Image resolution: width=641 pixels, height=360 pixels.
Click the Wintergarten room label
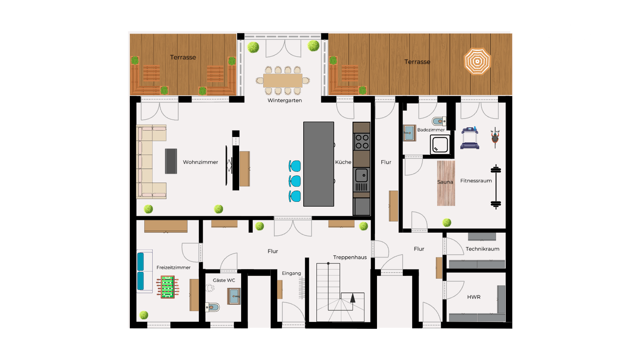pyautogui.click(x=284, y=101)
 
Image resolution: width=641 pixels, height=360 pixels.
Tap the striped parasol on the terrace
pyautogui.click(x=477, y=61)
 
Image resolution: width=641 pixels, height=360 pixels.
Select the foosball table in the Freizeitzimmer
pyautogui.click(x=168, y=287)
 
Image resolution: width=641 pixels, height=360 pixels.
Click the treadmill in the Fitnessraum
pyautogui.click(x=470, y=138)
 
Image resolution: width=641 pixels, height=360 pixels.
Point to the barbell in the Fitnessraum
pyautogui.click(x=496, y=187)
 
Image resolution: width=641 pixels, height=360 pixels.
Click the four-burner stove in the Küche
pyautogui.click(x=362, y=142)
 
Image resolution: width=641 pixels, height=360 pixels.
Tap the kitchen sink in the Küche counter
pyautogui.click(x=361, y=175)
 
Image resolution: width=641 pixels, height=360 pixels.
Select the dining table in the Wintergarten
pyautogui.click(x=283, y=80)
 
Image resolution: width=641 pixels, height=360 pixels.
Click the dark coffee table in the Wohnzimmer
pyautogui.click(x=171, y=161)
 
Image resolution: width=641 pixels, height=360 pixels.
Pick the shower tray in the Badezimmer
pyautogui.click(x=440, y=145)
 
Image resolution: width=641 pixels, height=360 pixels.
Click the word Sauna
pyautogui.click(x=445, y=182)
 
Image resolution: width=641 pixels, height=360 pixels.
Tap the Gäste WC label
pyautogui.click(x=224, y=280)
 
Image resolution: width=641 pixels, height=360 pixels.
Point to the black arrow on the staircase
pyautogui.click(x=353, y=298)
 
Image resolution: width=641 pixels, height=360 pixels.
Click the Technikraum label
pyautogui.click(x=482, y=249)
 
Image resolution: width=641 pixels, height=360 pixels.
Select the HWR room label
pyautogui.click(x=474, y=297)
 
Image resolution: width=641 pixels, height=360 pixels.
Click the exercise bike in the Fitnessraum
pyautogui.click(x=495, y=137)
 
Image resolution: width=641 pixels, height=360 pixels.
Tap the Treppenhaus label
pyautogui.click(x=350, y=257)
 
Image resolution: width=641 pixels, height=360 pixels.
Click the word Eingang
pyautogui.click(x=291, y=274)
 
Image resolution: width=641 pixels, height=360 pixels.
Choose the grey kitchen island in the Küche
pyautogui.click(x=318, y=164)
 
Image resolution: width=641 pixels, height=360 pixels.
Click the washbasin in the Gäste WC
pyautogui.click(x=234, y=296)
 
